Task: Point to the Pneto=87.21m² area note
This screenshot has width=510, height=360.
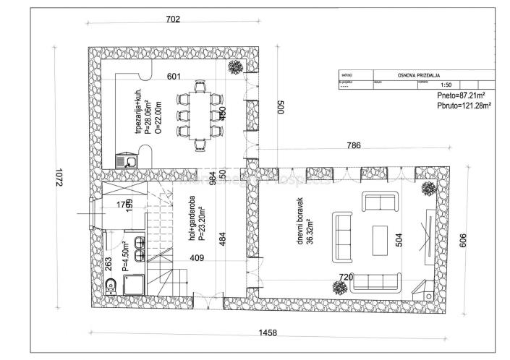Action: (x=461, y=96)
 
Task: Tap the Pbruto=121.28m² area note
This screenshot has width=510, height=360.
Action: (x=464, y=106)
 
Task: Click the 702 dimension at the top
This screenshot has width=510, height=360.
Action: (x=173, y=20)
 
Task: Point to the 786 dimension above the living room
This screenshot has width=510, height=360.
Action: (x=354, y=146)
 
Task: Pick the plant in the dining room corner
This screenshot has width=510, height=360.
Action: (x=236, y=67)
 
